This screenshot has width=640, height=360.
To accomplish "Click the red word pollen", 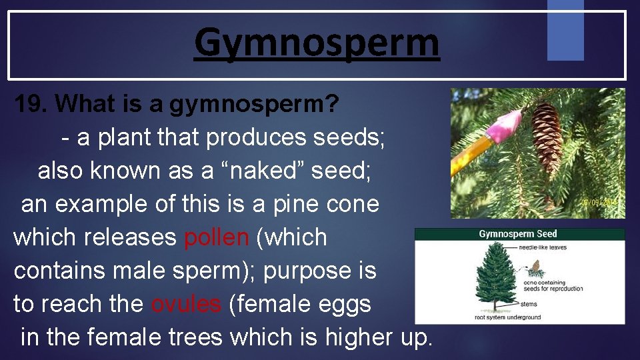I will click(215, 237).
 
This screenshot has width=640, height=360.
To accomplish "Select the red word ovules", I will click(186, 304).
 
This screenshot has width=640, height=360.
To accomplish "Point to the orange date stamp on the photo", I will click(602, 202).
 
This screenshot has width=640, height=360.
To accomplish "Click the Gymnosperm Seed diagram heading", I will click(518, 234).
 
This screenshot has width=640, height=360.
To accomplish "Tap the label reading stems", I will click(529, 303).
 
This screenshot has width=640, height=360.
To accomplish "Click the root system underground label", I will click(507, 318).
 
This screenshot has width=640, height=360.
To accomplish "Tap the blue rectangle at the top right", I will click(565, 29).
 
